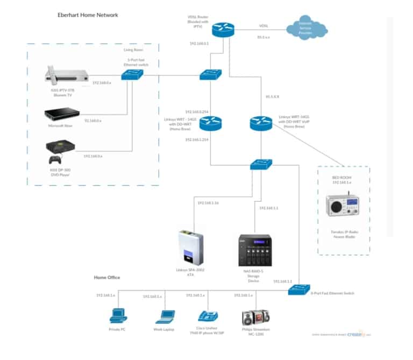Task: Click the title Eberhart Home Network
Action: coord(88,15)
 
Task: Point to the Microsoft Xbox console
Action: coord(62,115)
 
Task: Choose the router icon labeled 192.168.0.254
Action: coord(210,123)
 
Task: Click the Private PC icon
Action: coord(117,315)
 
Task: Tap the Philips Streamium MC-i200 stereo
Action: coord(252,315)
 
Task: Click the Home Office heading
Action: coord(107,277)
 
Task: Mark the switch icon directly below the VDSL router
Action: coord(210,75)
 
